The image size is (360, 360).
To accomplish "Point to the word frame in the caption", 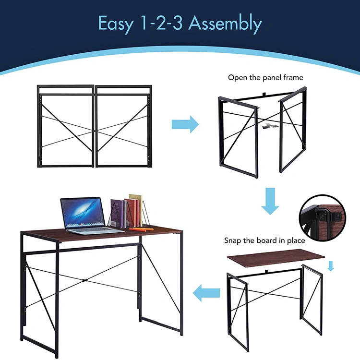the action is pos(293,77).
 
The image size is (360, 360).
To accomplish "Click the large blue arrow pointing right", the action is pos(185,124).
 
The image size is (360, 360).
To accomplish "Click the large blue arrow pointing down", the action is pos(270,201).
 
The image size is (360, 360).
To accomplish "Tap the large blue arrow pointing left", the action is pos(206,293).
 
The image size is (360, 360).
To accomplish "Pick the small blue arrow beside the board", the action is pos(331,266).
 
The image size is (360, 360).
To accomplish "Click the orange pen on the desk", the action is pos(141,229).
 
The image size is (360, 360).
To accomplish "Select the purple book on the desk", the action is pos(118,213).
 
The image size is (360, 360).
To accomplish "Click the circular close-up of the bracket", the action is pos(323,217).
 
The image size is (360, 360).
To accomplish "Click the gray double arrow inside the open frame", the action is pos(270,126).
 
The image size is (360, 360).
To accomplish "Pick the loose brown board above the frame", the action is pos(276,258).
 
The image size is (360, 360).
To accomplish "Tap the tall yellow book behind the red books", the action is pos(136,209).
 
